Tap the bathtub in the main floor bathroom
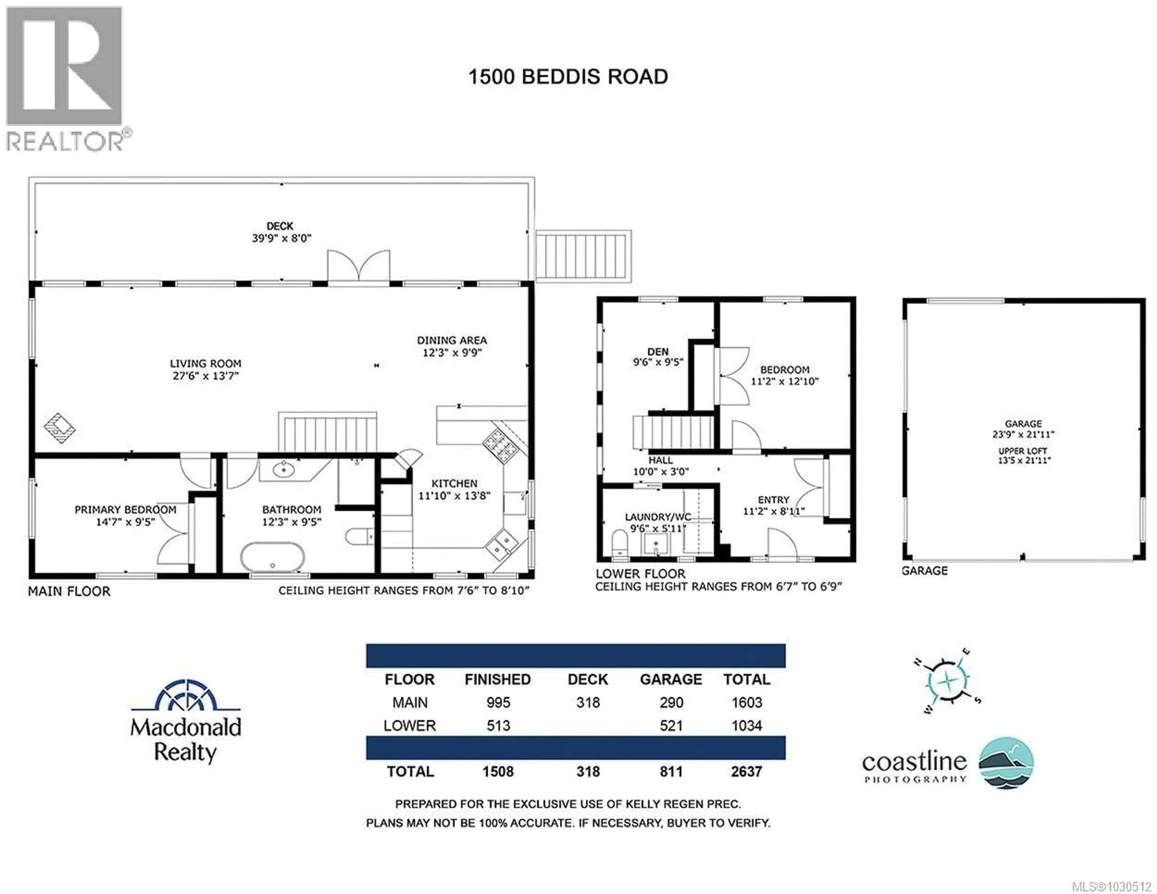[272, 557]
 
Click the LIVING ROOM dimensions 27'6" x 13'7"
[205, 376]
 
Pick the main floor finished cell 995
[498, 703]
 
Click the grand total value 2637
[746, 772]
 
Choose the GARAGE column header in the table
[671, 680]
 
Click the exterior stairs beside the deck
[583, 256]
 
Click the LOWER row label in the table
[409, 726]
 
